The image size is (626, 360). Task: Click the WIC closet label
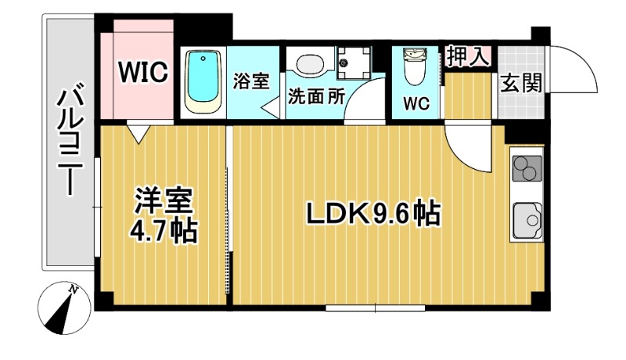click(x=143, y=72)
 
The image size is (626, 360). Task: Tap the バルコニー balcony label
click(x=69, y=141)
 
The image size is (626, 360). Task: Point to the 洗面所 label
click(x=316, y=97)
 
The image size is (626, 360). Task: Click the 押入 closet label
click(x=469, y=56)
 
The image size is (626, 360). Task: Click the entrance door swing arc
click(x=576, y=67)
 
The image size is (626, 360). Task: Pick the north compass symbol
click(x=62, y=307)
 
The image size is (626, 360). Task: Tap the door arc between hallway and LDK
click(x=469, y=149)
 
